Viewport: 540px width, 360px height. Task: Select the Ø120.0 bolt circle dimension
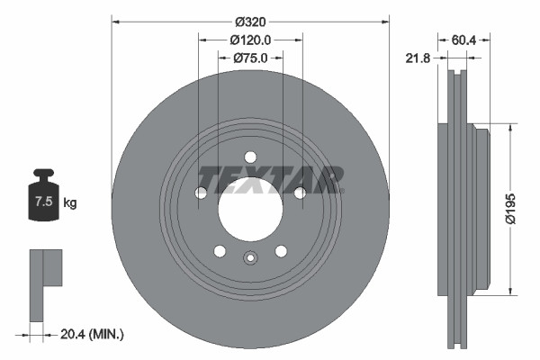250,40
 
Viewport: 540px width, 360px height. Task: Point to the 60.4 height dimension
464,40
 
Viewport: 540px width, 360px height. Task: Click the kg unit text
69,203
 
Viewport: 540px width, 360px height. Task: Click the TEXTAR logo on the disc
270,178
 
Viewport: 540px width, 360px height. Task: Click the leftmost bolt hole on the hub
201,193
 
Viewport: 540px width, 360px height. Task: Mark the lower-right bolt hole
281,250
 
